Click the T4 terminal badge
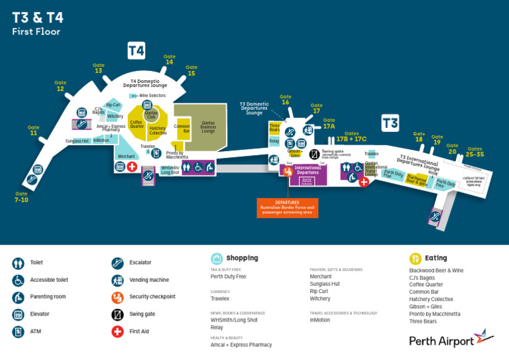coord(137,50)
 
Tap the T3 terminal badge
coord(390,123)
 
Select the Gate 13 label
coord(98,68)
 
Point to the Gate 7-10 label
coord(22,197)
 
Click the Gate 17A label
coord(329,123)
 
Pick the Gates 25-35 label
coord(475,152)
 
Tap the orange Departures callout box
coord(287,208)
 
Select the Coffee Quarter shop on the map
coord(137,124)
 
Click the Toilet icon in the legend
coord(18,263)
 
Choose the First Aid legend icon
coord(117,331)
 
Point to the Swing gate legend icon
coord(117,314)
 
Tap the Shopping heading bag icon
coord(217,259)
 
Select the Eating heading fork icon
coord(416,259)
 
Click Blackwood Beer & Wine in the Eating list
coord(436,270)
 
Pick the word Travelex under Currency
coord(220,299)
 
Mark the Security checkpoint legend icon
coord(117,297)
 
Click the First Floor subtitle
coord(36,32)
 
